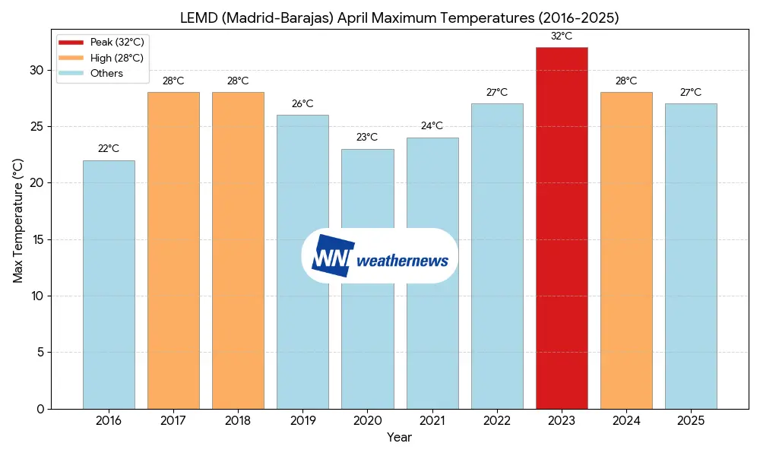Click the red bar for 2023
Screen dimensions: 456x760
tap(562, 228)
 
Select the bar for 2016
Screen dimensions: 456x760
tap(109, 284)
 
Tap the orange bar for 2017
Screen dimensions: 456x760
tap(173, 251)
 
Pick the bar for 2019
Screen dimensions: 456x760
tap(302, 261)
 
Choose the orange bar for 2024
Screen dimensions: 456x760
tap(626, 251)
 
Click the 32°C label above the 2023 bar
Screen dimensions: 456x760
tap(562, 36)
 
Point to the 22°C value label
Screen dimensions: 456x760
tap(109, 149)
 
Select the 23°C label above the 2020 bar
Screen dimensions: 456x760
tap(367, 138)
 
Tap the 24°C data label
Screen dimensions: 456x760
tap(432, 126)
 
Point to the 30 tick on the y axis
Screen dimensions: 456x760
tap(36, 71)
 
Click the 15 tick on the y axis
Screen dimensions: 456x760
tap(37, 239)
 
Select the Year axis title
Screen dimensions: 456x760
tap(399, 438)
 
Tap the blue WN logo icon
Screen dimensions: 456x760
tap(333, 255)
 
